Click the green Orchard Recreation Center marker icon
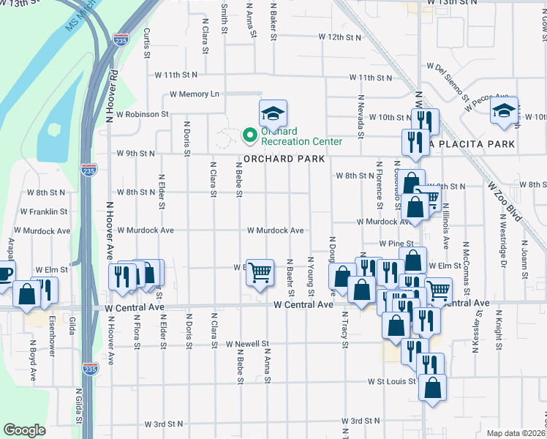249,135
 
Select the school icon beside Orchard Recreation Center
273,113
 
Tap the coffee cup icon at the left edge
4,275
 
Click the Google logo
24,430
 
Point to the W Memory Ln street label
195,94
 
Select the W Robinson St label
143,115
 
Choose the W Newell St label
247,343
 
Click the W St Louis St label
391,381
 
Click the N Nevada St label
361,116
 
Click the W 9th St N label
136,154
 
